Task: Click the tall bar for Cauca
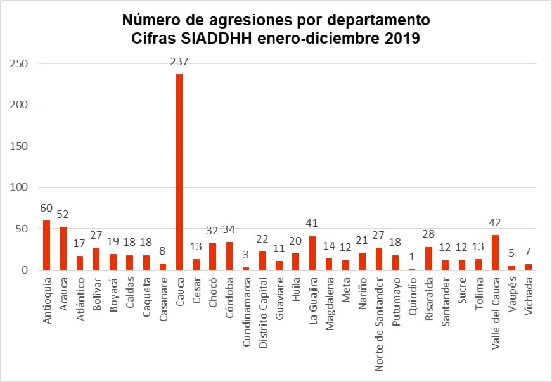click(x=179, y=172)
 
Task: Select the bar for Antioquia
click(x=46, y=245)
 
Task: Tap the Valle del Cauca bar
click(x=495, y=253)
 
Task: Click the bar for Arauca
click(x=63, y=248)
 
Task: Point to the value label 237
click(x=179, y=62)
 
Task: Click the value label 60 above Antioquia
click(x=46, y=208)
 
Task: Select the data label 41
click(x=312, y=223)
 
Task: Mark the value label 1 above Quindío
click(x=413, y=257)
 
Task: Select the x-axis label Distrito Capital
click(x=263, y=310)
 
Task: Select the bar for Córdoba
click(x=229, y=256)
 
